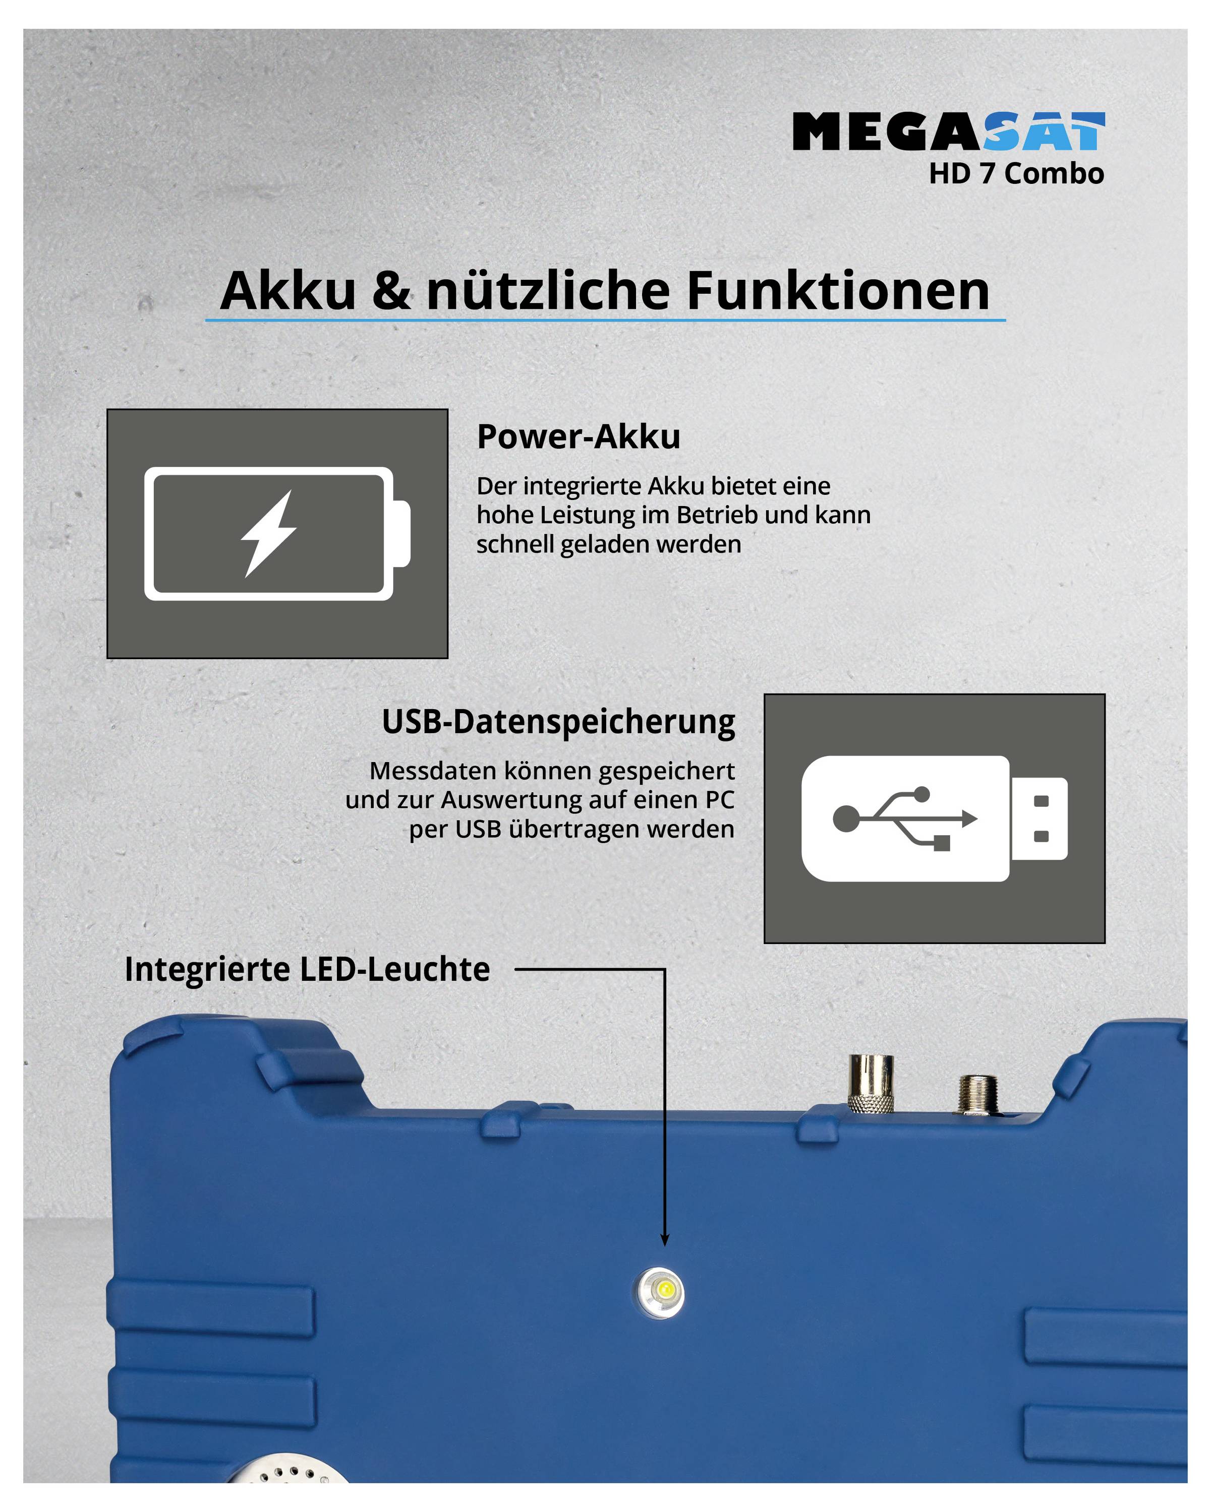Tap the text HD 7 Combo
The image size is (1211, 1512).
pyautogui.click(x=1016, y=174)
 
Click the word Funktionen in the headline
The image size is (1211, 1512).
pyautogui.click(x=838, y=290)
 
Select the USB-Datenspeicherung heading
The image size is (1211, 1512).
pyautogui.click(x=558, y=722)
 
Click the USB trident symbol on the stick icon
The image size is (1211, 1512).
pyautogui.click(x=904, y=817)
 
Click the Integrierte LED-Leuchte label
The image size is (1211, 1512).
pyautogui.click(x=307, y=969)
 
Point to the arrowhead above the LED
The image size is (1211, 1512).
pyautogui.click(x=664, y=1241)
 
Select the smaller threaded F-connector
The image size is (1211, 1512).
pyautogui.click(x=976, y=1094)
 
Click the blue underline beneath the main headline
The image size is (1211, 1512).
pyautogui.click(x=605, y=321)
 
